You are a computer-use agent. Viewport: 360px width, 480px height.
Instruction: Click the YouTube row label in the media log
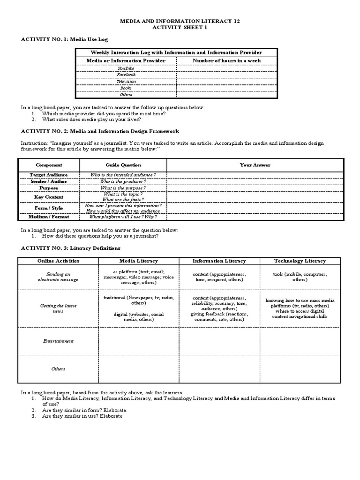pos(126,68)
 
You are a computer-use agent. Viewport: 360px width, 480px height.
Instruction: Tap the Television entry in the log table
pos(126,81)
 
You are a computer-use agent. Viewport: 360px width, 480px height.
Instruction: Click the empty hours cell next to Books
pos(227,88)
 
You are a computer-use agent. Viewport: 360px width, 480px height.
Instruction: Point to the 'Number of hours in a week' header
pos(227,61)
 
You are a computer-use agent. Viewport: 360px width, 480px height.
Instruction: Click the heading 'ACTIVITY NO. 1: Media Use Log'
pos(67,40)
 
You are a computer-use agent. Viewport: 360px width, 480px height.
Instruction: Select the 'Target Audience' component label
pos(49,175)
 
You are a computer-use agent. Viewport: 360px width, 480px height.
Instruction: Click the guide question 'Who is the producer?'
pos(123,181)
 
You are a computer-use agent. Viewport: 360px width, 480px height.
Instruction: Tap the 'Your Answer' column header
pos(255,165)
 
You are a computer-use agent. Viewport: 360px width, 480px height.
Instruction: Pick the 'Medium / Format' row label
pos(49,217)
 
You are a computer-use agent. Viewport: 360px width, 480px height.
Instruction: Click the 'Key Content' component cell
pos(49,197)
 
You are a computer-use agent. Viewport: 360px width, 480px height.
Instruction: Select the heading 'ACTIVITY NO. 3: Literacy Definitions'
pos(71,248)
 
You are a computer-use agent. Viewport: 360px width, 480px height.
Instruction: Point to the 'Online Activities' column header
pos(58,261)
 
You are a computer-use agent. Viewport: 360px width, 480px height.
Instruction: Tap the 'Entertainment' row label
pos(58,341)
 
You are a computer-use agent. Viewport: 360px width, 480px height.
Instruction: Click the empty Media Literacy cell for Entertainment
pos(138,341)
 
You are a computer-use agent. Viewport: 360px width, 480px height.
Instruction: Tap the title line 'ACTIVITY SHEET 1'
pos(180,28)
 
